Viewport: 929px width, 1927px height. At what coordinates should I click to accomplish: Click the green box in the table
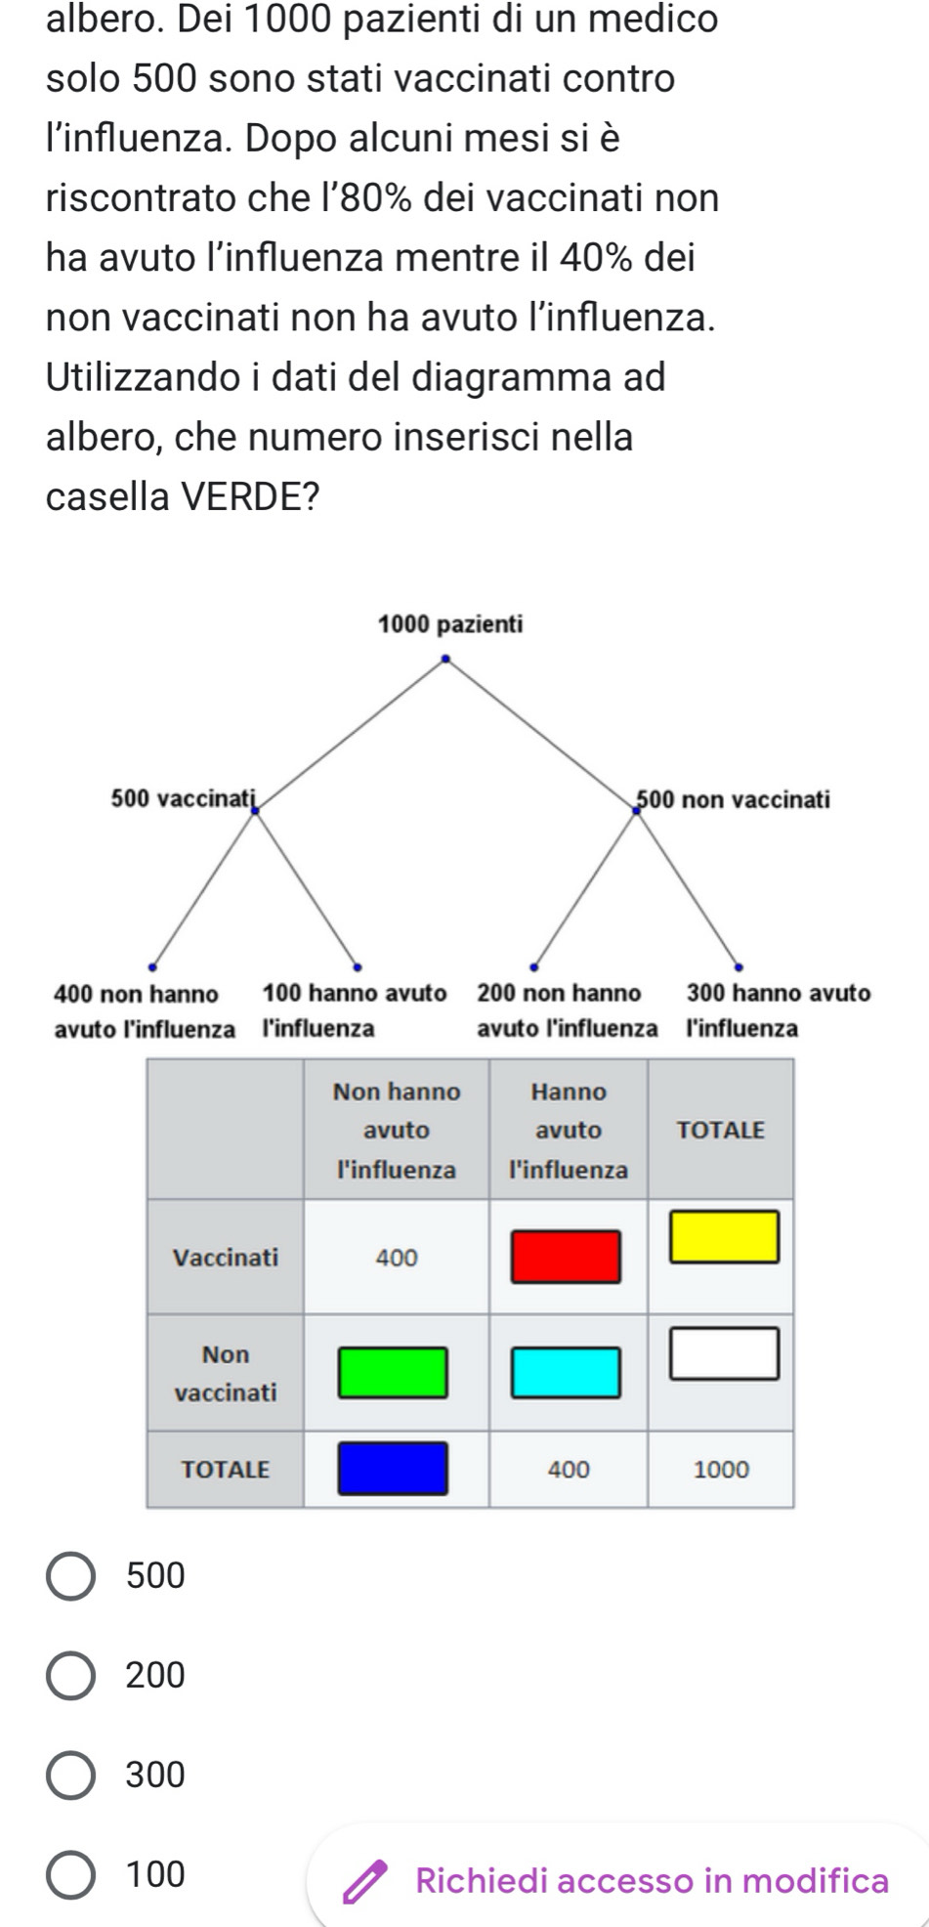point(393,1372)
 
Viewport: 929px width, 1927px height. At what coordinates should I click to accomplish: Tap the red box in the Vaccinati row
point(568,1257)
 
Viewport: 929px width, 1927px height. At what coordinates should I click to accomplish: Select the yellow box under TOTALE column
point(724,1236)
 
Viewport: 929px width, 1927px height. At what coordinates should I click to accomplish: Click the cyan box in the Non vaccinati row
point(568,1372)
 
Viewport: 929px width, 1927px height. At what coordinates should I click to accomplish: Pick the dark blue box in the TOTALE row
point(393,1468)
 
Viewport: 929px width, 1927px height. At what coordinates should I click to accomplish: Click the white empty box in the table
point(724,1353)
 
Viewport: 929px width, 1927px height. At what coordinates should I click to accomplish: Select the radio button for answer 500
point(71,1575)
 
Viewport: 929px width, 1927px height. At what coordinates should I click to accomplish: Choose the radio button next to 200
point(71,1675)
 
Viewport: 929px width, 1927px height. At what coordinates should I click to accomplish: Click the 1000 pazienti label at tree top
point(450,623)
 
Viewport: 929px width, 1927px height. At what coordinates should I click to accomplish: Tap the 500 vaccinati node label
point(183,798)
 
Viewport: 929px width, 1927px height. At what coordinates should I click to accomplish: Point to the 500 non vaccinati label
point(734,799)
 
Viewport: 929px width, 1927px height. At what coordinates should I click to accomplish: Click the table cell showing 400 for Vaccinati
point(397,1258)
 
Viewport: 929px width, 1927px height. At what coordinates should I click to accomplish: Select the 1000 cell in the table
point(721,1469)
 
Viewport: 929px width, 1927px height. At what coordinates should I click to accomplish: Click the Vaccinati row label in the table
point(226,1257)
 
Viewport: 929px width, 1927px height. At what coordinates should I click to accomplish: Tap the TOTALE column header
point(721,1130)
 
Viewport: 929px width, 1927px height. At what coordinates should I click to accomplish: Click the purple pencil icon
point(363,1880)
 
